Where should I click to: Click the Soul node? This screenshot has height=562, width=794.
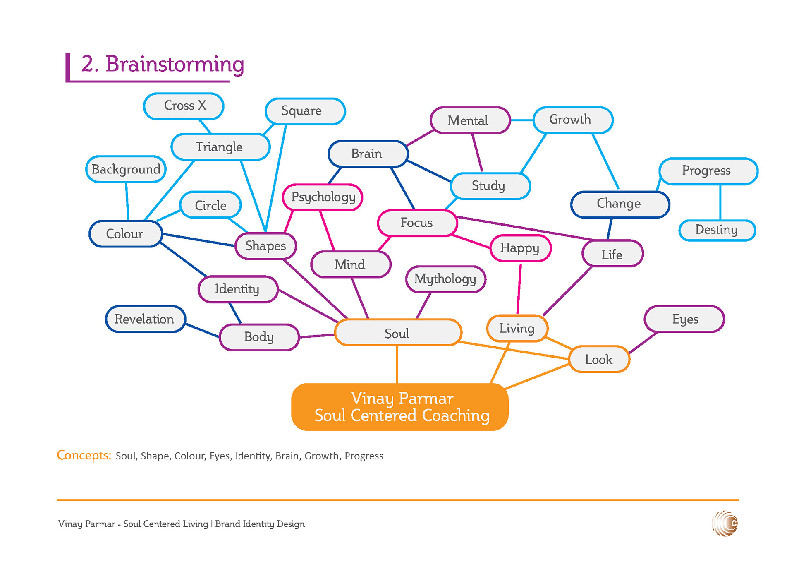397,333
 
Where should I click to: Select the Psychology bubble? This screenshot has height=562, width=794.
323,197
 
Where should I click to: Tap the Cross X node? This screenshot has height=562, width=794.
184,106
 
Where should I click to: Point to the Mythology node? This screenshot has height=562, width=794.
445,279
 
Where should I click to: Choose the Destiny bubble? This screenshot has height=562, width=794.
717,230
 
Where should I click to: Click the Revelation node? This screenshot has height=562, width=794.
145,319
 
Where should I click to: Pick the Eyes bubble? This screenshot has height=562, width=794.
684,319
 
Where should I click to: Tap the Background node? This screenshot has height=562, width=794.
126,169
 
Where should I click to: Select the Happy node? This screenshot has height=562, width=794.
520,248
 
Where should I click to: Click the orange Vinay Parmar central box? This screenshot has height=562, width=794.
400,407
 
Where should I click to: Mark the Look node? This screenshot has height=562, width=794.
599,359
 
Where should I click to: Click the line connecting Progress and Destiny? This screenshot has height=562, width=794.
720,202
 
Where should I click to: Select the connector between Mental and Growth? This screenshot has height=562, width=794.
521,120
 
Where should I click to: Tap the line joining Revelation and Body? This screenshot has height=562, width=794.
202,330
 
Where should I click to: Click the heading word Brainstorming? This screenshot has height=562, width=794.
175,64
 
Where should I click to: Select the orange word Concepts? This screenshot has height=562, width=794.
84,455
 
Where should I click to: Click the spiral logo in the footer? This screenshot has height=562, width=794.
725,524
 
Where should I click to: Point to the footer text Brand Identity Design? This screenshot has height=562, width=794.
260,524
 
